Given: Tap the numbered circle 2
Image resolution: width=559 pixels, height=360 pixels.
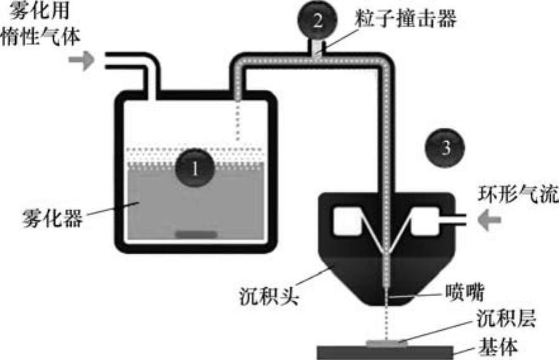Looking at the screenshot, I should pos(318,20).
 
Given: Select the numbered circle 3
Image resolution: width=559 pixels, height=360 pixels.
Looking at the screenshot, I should pos(446,148).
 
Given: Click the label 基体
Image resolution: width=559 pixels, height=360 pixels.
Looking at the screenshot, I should pos(501,348).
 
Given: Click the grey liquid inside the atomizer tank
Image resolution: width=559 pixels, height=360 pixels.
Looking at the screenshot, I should pos(158,202).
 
